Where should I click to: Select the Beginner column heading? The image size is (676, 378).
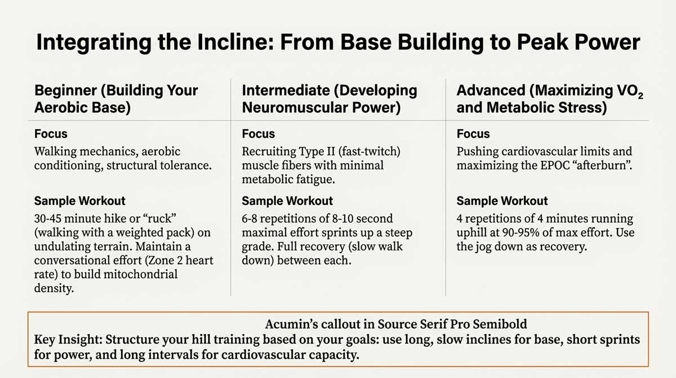coord(116,99)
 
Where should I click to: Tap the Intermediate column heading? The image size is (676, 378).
coord(330,99)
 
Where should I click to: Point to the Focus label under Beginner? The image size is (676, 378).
coord(51,134)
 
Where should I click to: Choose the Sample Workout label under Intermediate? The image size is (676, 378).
coord(287,201)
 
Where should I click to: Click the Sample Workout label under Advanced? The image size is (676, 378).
coord(502,201)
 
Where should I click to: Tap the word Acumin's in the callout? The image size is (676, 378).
coord(291,324)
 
